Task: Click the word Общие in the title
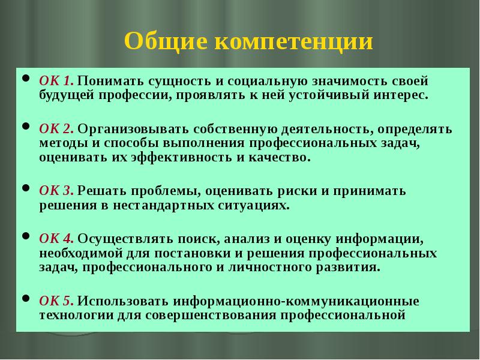[x=163, y=43]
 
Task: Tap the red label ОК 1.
[x=56, y=80]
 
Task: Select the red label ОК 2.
[x=56, y=129]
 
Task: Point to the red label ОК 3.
[x=56, y=191]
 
